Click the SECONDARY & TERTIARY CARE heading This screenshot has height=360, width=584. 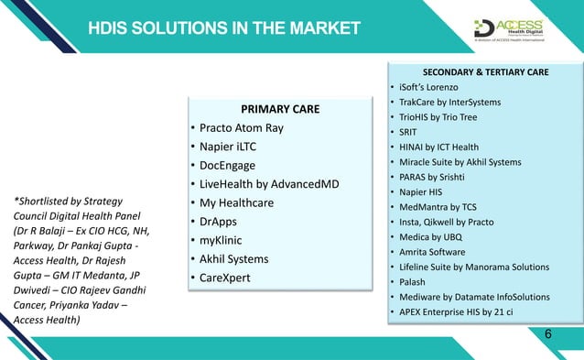(485, 71)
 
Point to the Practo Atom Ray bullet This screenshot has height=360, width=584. (242, 128)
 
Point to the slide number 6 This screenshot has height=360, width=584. (547, 333)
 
